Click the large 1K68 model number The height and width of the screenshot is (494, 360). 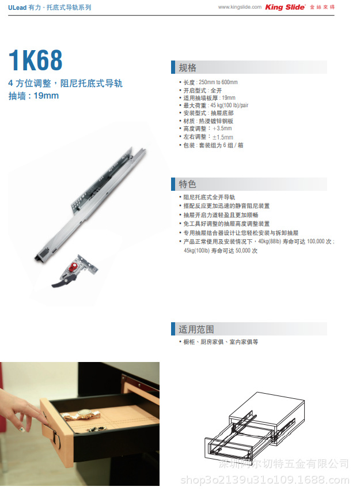click(36, 61)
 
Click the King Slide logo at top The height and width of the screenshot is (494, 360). click(285, 7)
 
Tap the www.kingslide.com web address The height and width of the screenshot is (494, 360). click(240, 7)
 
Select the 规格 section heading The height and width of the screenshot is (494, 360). click(188, 67)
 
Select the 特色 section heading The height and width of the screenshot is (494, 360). click(188, 184)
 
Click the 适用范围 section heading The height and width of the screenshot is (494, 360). click(196, 329)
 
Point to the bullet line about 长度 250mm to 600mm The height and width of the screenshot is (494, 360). click(210, 82)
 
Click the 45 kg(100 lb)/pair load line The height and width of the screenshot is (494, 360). click(215, 105)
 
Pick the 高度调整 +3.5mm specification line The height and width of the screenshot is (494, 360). click(208, 129)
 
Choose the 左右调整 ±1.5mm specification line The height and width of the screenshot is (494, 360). click(208, 137)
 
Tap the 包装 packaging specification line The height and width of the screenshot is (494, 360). click(213, 145)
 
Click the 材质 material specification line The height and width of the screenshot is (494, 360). click(208, 122)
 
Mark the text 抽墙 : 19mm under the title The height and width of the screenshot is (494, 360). click(33, 96)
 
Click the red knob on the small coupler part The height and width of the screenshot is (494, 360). click(74, 266)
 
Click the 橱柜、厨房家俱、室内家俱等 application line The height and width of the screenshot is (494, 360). click(221, 342)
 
